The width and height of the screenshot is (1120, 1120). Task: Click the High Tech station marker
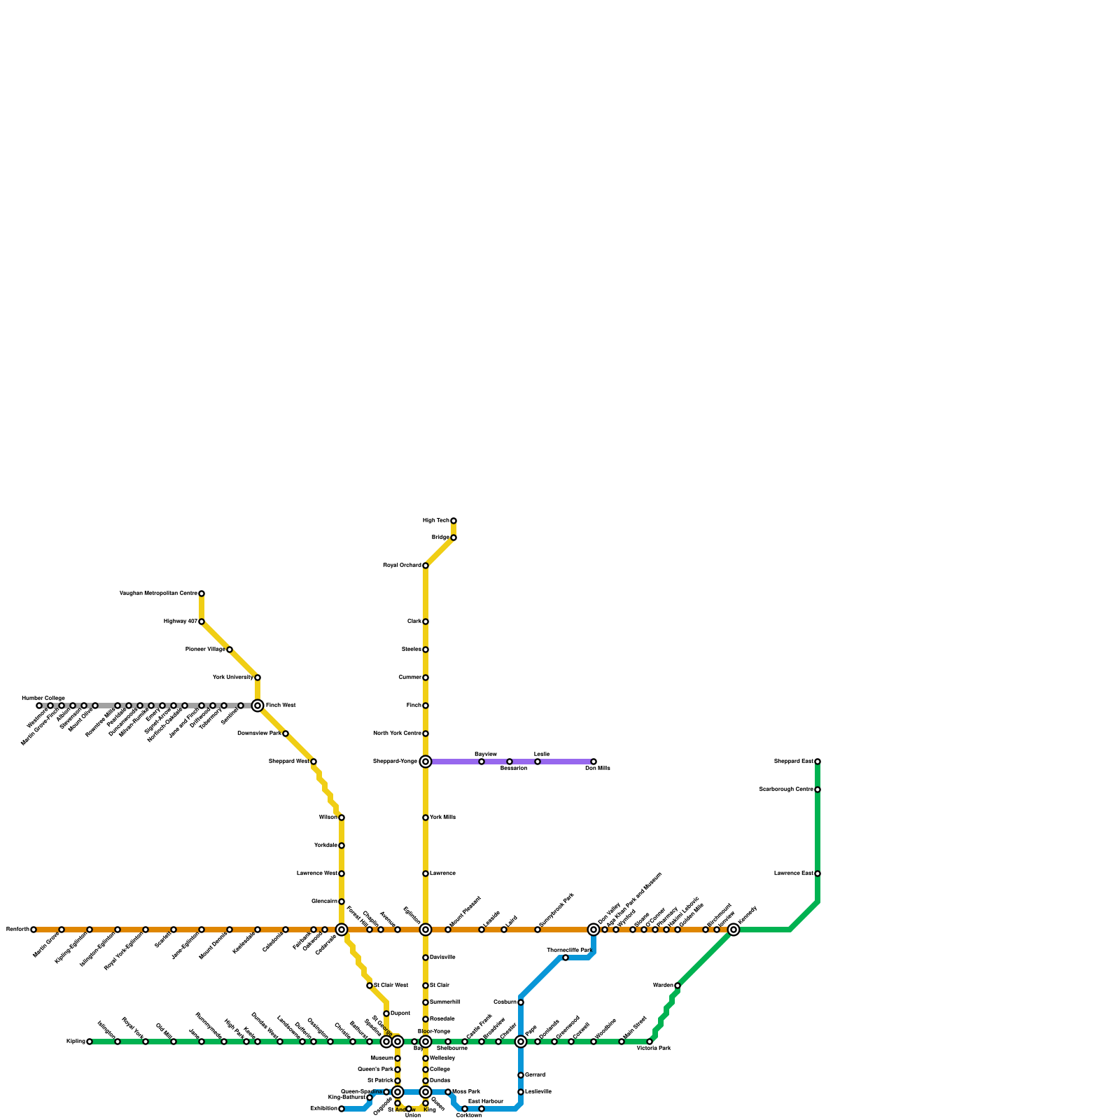[454, 521]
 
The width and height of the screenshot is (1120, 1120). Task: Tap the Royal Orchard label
[402, 566]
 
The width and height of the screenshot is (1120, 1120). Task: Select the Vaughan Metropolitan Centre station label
[158, 594]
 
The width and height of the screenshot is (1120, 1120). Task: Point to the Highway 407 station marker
[202, 622]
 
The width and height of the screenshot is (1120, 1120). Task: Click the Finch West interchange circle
[258, 706]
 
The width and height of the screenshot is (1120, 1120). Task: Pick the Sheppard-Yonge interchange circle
[426, 762]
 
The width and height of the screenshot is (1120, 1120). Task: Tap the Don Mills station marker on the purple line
[594, 762]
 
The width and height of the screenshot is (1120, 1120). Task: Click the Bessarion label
[513, 769]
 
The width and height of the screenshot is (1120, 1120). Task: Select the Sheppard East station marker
[818, 762]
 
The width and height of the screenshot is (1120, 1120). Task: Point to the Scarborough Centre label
[785, 790]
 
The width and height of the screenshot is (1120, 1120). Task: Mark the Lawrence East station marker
[818, 874]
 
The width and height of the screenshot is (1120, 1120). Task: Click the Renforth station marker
[34, 930]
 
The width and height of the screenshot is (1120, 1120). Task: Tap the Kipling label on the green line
[75, 1042]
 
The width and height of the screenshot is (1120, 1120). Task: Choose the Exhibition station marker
[342, 1109]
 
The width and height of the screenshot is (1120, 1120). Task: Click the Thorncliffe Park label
[569, 951]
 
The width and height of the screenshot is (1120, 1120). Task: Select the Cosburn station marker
[521, 1002]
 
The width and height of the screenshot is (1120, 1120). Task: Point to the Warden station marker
[678, 986]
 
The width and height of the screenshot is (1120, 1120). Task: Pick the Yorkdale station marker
[342, 846]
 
